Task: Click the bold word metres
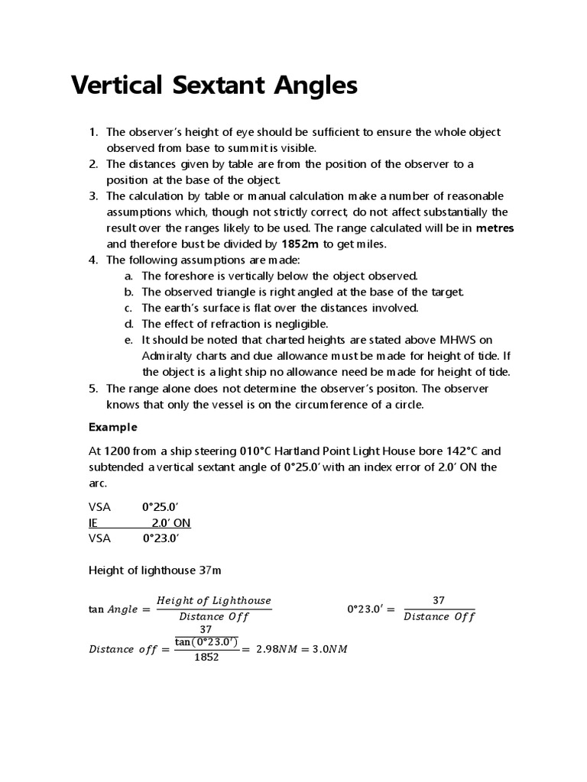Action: pyautogui.click(x=495, y=228)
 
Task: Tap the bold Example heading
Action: pyautogui.click(x=112, y=426)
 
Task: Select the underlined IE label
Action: pyautogui.click(x=94, y=522)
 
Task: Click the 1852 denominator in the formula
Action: pyautogui.click(x=206, y=657)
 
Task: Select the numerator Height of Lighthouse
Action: pyautogui.click(x=213, y=601)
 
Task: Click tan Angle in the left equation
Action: pyautogui.click(x=113, y=609)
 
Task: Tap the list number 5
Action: pyautogui.click(x=92, y=388)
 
